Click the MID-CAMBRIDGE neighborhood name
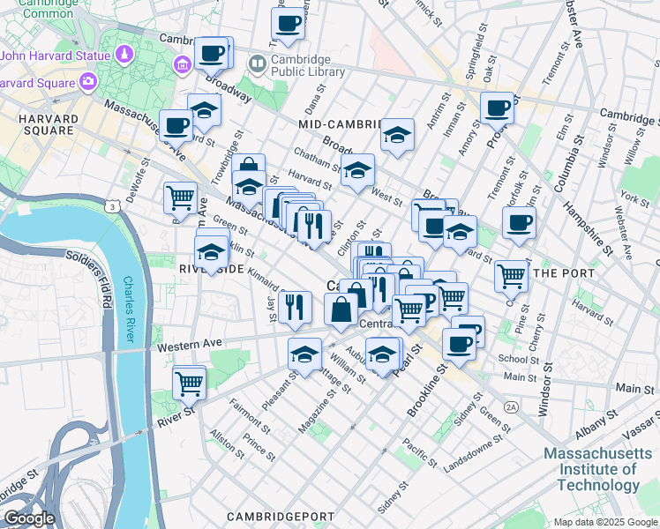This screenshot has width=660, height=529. pos(340,124)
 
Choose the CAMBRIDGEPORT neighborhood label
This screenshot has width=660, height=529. pos(280,517)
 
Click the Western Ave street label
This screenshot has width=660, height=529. pos(187,346)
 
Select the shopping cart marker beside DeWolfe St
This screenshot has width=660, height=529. pos(181,197)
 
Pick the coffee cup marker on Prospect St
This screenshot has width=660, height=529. pos(498,108)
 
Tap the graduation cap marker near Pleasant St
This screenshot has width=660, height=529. pos(304,355)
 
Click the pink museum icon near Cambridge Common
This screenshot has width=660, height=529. pos(184,63)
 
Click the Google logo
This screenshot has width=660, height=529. pos(28,518)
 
